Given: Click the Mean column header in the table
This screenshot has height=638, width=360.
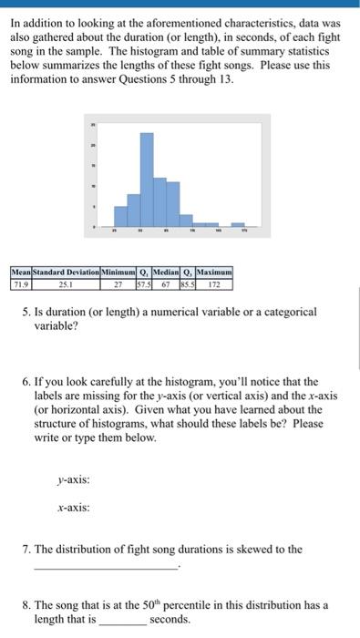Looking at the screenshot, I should pyautogui.click(x=20, y=272).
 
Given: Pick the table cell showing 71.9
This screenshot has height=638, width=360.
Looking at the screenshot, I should pyautogui.click(x=20, y=283).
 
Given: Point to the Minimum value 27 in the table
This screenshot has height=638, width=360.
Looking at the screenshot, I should pyautogui.click(x=118, y=283).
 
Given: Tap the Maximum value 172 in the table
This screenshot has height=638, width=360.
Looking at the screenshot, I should pyautogui.click(x=215, y=283).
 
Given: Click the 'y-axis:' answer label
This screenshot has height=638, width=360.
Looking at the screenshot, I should pyautogui.click(x=74, y=478).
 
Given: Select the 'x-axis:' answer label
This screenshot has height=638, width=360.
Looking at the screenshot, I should pyautogui.click(x=74, y=509).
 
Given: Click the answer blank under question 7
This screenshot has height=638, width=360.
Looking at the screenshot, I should pyautogui.click(x=107, y=568).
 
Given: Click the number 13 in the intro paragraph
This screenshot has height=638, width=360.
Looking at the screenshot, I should pyautogui.click(x=222, y=79).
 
